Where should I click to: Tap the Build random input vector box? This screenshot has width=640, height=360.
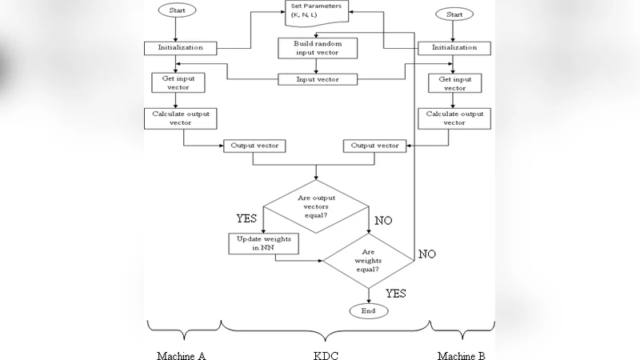pos(317,47)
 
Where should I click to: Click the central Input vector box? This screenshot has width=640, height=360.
pos(317,79)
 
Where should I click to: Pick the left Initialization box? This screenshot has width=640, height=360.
pos(180,47)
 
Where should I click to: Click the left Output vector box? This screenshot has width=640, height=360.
pos(254,146)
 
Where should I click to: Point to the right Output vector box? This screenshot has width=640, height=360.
pos(374,146)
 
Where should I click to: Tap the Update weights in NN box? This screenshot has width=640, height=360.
pos(263,243)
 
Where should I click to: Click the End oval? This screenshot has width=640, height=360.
pos(367,310)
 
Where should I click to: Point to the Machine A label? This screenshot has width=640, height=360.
pos(181,354)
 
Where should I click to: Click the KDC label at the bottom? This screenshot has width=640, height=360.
pos(326,354)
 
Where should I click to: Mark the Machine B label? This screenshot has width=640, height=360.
pos(461,354)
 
